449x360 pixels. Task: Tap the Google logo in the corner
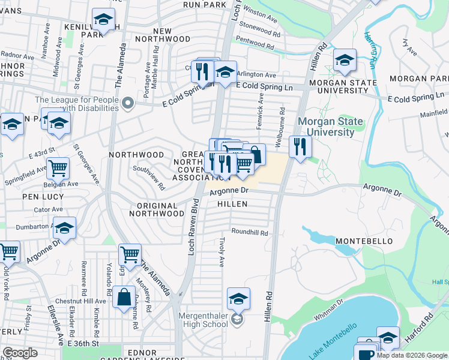[20, 353]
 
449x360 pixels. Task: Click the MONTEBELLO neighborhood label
[364, 241]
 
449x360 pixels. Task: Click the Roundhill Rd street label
[249, 232]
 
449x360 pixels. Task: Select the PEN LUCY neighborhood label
[38, 196]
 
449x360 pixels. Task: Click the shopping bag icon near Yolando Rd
[124, 298]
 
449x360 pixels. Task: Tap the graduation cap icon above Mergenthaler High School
[238, 299]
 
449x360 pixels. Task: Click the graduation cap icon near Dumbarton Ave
[65, 228]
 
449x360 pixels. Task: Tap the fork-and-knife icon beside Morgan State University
[299, 146]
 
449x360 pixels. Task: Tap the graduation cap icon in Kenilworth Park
[103, 20]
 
